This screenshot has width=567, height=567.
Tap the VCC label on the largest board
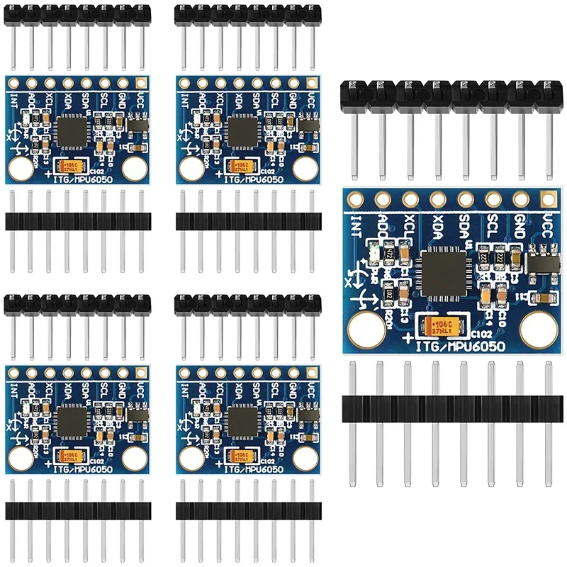547,226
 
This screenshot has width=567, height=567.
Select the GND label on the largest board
520,226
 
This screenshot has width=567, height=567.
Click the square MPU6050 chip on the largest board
441,271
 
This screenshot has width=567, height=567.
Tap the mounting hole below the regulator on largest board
537,329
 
